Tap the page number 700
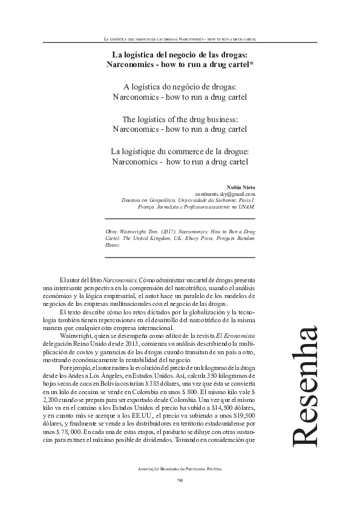(180, 480)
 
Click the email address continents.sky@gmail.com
(225, 193)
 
